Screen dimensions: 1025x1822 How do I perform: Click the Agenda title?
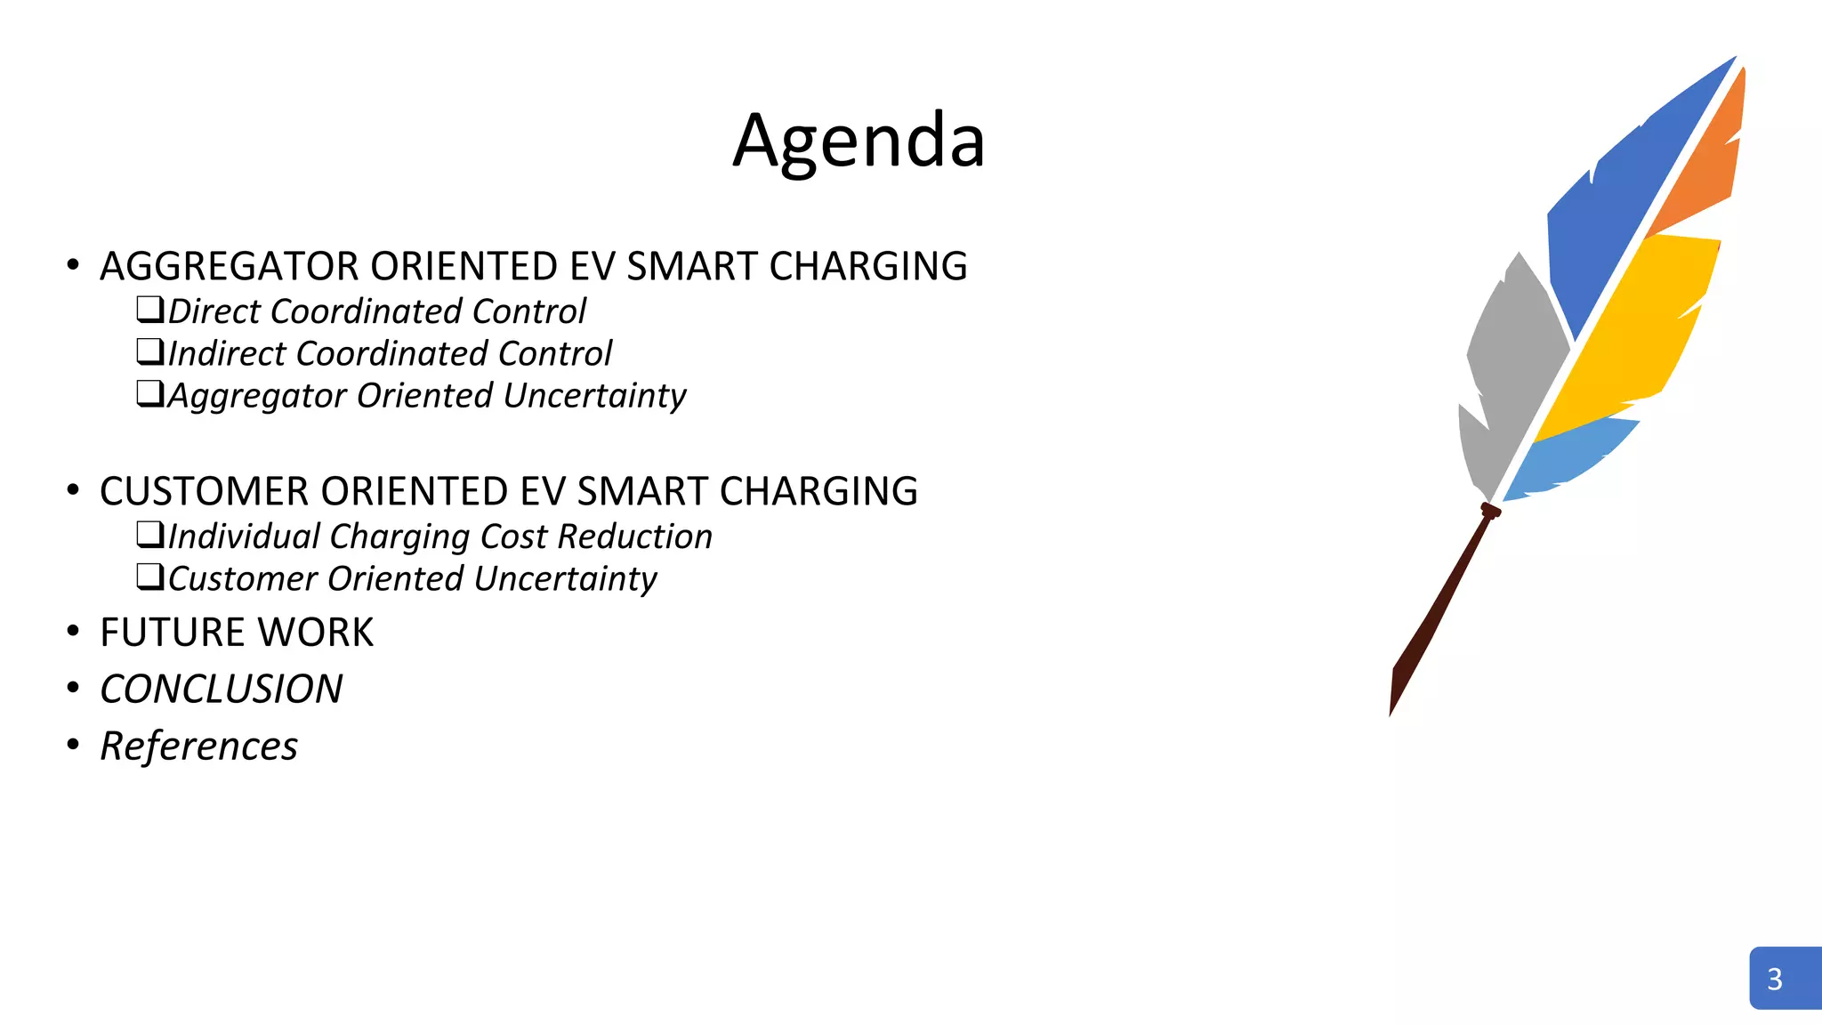click(859, 141)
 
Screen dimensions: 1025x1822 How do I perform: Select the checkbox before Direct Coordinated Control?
click(149, 310)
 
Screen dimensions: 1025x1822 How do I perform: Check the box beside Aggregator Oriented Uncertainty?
click(149, 393)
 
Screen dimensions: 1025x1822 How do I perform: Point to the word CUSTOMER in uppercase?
click(204, 491)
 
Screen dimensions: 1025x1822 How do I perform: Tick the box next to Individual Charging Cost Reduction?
click(149, 534)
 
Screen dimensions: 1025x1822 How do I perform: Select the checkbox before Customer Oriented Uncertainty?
click(149, 577)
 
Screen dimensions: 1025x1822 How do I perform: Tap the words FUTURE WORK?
click(237, 633)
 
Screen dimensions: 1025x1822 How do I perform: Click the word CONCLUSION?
click(222, 690)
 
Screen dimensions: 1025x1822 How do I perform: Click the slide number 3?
click(1775, 979)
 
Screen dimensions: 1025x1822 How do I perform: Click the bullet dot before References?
click(73, 744)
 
